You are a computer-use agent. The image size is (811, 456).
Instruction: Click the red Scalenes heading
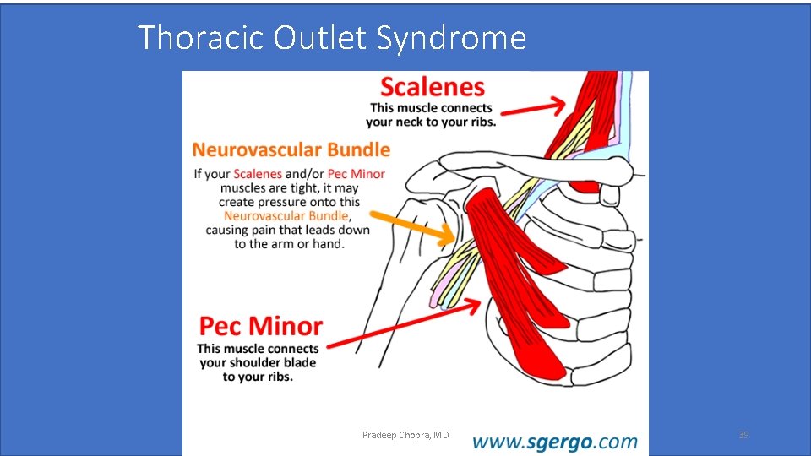click(433, 86)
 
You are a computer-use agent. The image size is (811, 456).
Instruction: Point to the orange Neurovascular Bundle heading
click(291, 150)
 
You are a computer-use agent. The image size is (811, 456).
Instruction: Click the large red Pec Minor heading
click(260, 327)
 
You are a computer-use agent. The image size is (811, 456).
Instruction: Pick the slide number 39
click(743, 436)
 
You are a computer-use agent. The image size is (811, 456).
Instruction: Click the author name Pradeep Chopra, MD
click(405, 436)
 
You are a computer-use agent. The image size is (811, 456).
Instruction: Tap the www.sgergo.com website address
click(555, 441)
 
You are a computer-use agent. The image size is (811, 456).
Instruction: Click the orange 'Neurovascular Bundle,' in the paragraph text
click(286, 216)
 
